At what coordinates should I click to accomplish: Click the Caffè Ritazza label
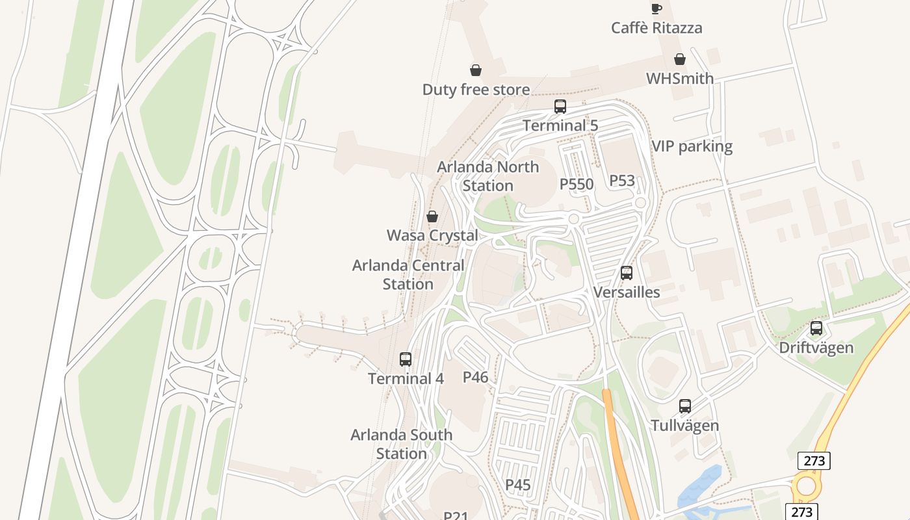click(x=656, y=28)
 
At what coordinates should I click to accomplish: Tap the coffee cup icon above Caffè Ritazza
click(x=656, y=8)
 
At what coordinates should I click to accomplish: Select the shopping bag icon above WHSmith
click(x=680, y=59)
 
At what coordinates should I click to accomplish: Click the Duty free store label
click(x=476, y=90)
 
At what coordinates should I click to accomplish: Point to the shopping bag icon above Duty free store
click(x=476, y=70)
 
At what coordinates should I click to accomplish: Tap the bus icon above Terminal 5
click(x=560, y=107)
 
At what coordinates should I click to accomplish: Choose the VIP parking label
click(x=692, y=146)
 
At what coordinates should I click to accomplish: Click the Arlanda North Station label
click(x=487, y=176)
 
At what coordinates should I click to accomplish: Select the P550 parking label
click(x=577, y=185)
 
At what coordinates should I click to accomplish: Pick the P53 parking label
click(x=622, y=181)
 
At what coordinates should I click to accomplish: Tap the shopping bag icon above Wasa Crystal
click(x=432, y=216)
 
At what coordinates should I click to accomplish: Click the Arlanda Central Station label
click(x=408, y=275)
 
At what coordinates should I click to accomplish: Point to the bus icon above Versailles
click(x=627, y=273)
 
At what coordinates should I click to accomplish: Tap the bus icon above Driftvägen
click(x=816, y=328)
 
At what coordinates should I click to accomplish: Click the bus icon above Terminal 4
click(x=406, y=359)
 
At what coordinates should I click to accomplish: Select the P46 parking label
click(x=475, y=377)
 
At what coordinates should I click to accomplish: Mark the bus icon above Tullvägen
click(x=685, y=406)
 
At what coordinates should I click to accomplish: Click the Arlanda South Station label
click(x=401, y=444)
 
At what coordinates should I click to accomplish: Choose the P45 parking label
click(x=518, y=485)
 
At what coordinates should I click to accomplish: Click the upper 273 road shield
click(x=814, y=461)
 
